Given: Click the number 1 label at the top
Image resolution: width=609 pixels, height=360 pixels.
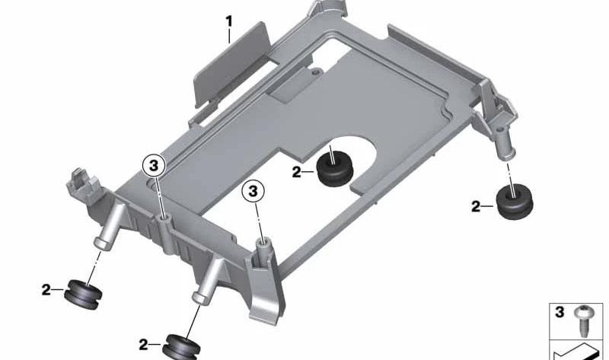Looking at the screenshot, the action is click(229, 22).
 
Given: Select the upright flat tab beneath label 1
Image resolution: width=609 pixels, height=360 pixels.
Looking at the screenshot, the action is click(231, 64).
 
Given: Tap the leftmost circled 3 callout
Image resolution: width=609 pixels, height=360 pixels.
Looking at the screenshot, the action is click(154, 166).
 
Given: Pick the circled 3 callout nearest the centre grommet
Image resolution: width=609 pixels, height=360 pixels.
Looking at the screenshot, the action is click(253, 192).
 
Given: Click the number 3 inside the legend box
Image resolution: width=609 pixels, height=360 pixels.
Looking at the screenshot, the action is click(560, 312).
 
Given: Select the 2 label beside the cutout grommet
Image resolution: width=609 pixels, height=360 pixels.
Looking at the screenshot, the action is click(296, 172).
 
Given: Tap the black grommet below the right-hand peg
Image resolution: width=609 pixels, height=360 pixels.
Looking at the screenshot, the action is click(515, 202).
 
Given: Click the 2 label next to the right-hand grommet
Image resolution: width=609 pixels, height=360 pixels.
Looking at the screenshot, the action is click(476, 206).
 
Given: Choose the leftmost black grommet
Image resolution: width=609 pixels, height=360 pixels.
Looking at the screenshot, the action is click(83, 295).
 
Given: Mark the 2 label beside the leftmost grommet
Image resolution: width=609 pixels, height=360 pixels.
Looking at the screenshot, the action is click(46, 290).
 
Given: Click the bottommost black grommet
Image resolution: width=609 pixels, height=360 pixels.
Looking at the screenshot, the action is click(181, 348).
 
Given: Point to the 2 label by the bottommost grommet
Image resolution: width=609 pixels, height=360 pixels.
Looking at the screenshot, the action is click(144, 345).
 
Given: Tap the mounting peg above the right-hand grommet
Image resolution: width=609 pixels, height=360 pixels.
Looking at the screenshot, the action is click(505, 145).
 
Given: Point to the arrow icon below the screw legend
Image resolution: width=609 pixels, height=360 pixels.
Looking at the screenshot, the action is click(576, 352).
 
